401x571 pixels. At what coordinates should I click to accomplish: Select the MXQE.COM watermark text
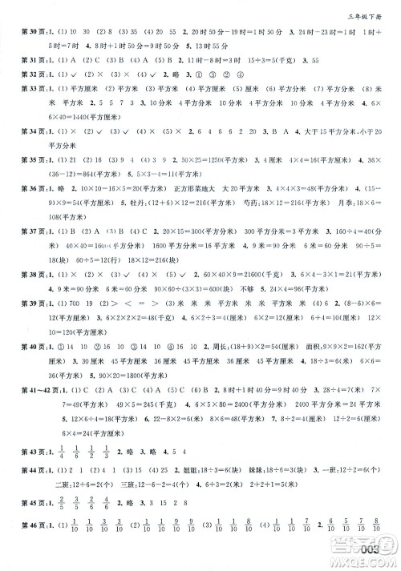click(x=370, y=561)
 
